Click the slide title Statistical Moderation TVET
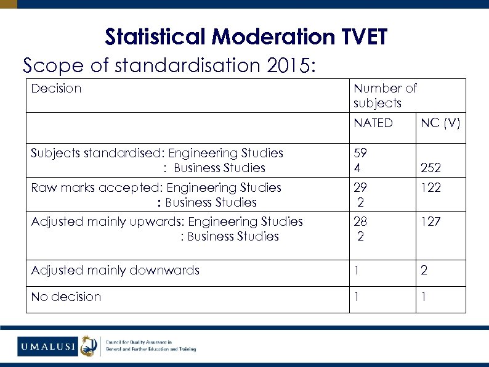pyautogui.click(x=246, y=37)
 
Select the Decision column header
pyautogui.click(x=56, y=88)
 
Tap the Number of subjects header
pyautogui.click(x=385, y=96)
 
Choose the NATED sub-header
pyautogui.click(x=373, y=123)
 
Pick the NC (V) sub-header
pyautogui.click(x=440, y=123)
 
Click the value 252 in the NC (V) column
pyautogui.click(x=430, y=168)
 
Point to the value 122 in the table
pyautogui.click(x=430, y=188)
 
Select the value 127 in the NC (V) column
pyautogui.click(x=430, y=221)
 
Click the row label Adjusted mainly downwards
pyautogui.click(x=115, y=270)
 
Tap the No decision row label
pyautogui.click(x=66, y=297)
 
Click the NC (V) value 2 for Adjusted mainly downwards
pyautogui.click(x=424, y=270)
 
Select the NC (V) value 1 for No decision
pyautogui.click(x=424, y=297)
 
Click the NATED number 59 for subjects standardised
pyautogui.click(x=360, y=153)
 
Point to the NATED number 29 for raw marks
pyautogui.click(x=360, y=188)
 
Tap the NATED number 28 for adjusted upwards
pyautogui.click(x=360, y=221)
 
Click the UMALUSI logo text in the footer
pyautogui.click(x=47, y=347)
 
